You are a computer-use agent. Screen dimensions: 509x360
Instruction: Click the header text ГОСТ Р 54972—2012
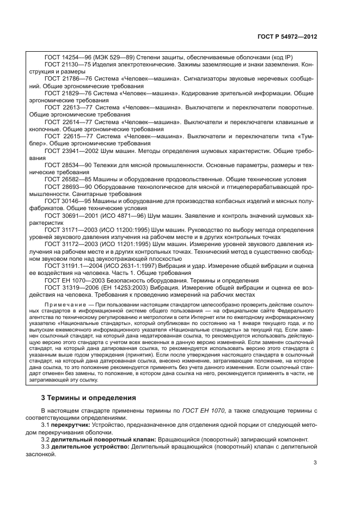coord(289,36)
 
